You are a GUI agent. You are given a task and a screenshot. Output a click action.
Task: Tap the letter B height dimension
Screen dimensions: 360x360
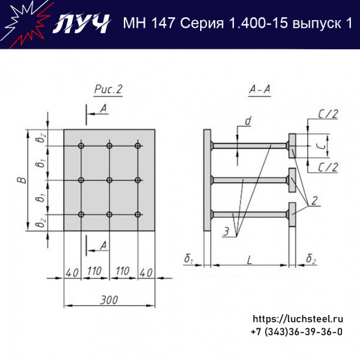click(x=21, y=180)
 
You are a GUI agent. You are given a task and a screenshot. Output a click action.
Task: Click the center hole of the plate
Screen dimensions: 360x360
click(x=109, y=180)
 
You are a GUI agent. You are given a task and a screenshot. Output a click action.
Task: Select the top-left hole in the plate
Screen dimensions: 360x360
click(x=82, y=146)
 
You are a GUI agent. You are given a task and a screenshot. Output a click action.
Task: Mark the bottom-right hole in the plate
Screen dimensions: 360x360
click(x=138, y=214)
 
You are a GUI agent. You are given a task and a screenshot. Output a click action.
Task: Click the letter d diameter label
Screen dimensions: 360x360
click(x=247, y=123)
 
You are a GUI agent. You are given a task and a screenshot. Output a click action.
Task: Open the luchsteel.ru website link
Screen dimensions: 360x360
click(x=298, y=319)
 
